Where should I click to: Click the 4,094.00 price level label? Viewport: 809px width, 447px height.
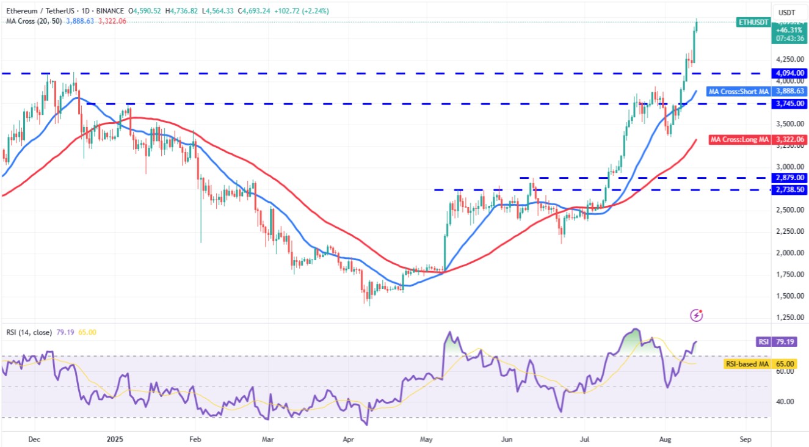point(790,73)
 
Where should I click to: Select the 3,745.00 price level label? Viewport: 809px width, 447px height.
point(790,104)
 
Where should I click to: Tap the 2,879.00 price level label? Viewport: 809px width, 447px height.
point(790,178)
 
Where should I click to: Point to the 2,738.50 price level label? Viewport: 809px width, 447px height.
point(790,190)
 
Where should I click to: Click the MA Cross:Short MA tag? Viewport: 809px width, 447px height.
point(739,92)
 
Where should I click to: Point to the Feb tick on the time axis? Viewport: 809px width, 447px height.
point(195,438)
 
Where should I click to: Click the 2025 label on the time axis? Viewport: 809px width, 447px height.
point(115,438)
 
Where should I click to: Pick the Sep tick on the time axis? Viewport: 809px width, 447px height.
point(745,438)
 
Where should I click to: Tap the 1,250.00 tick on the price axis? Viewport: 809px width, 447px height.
point(790,318)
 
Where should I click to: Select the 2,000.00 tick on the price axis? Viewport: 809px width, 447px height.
point(790,253)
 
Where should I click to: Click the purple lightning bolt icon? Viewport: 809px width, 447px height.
point(697,315)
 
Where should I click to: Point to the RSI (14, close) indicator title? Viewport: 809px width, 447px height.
point(29,332)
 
